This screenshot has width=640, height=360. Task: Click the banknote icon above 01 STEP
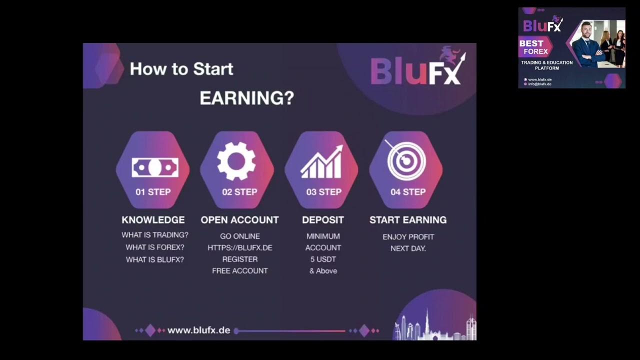[x=155, y=167]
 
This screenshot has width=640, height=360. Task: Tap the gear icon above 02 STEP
[x=236, y=161]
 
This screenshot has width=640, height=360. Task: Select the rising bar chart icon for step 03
[x=321, y=162]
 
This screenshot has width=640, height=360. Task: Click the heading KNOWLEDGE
[x=153, y=220]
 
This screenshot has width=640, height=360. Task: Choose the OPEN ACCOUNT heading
[x=239, y=220]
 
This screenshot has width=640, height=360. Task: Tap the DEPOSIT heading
[x=323, y=220]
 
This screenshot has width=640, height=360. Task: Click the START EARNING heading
[x=408, y=220]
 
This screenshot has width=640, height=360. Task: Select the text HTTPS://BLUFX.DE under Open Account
[x=240, y=247]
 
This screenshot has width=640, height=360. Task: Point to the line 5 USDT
[x=323, y=259]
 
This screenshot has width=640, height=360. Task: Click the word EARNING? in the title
[x=246, y=98]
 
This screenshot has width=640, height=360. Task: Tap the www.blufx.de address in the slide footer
[x=198, y=330]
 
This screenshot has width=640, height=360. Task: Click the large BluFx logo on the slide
[x=416, y=70]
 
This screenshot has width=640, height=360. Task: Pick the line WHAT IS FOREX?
[x=155, y=247]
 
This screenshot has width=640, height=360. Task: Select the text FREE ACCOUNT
[x=240, y=270]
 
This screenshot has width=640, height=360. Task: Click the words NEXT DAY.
[x=408, y=248]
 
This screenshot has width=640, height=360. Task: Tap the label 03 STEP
[x=323, y=192]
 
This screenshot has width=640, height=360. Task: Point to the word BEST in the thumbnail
[x=531, y=43]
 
